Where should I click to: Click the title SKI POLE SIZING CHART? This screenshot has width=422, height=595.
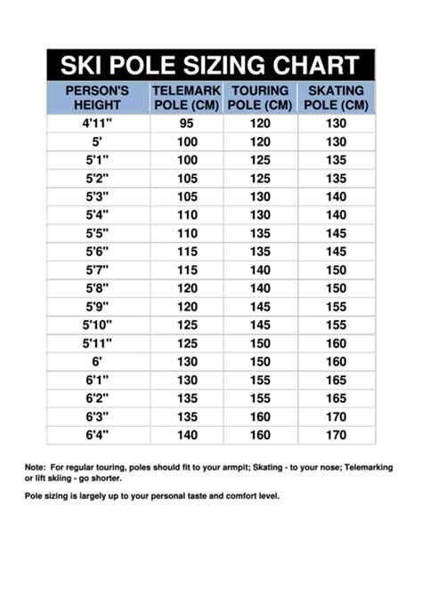pos(210,65)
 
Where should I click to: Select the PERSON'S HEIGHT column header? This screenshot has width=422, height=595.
pos(97,98)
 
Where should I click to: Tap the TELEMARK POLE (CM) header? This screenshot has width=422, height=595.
pos(186,98)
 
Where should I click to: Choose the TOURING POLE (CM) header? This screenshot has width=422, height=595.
pos(260,98)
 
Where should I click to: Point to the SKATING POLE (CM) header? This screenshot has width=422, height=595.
pos(336,98)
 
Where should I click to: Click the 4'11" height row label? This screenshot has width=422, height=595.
pos(97,124)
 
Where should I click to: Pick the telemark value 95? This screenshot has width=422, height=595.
pos(186,124)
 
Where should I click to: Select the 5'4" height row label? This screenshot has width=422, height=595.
pos(97,215)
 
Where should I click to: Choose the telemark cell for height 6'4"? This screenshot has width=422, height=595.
pos(186,436)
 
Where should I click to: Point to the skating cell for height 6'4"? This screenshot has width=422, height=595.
pos(336,436)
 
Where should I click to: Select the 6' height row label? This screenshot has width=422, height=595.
pos(97,362)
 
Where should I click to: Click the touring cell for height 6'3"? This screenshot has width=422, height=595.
pos(260,417)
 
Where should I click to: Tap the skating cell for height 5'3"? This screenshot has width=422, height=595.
pos(336,197)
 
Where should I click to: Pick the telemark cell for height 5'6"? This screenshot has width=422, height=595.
pos(186,252)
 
